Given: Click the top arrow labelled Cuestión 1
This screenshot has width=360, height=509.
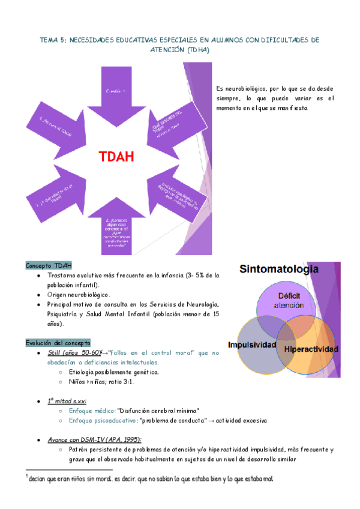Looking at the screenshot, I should (116, 90).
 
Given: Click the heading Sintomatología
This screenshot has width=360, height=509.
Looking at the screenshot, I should (278, 270).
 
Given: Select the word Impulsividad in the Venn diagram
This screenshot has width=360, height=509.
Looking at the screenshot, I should (252, 345).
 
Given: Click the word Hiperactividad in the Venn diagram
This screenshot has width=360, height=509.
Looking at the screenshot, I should (311, 349).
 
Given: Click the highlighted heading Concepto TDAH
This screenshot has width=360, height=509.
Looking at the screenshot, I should (49, 265).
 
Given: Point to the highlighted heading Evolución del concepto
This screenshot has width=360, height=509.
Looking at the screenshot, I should (58, 343).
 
